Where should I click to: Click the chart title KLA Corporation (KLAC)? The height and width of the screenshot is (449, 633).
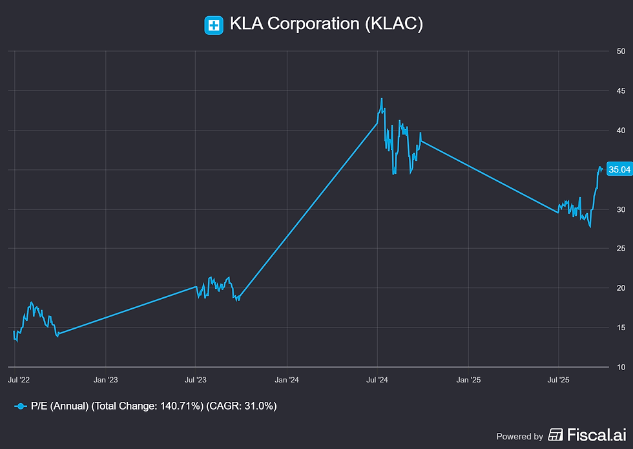point(326,24)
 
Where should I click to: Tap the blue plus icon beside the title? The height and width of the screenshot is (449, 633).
point(214,25)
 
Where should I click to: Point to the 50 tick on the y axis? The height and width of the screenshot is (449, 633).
point(621,51)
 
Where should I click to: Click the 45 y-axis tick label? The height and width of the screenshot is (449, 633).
point(621,91)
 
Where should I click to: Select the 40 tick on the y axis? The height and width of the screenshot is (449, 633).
point(621,131)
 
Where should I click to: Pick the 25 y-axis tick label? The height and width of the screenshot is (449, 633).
point(621,248)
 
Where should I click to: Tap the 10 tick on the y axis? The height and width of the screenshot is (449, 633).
point(621,367)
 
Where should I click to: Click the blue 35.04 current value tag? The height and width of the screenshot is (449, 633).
point(619,169)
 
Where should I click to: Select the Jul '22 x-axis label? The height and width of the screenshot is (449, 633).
point(19,380)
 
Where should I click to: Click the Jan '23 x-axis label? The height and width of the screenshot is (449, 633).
point(106,380)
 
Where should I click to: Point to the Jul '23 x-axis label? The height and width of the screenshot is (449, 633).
point(195,380)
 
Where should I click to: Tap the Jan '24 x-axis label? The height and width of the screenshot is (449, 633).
point(287,380)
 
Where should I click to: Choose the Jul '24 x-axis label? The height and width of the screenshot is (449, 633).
point(377,380)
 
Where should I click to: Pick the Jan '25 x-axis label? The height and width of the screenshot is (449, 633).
point(468,380)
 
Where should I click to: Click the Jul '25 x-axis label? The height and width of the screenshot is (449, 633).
point(558,380)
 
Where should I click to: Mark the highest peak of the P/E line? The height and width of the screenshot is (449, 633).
point(382,98)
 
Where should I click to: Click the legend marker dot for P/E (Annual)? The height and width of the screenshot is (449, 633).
point(21,406)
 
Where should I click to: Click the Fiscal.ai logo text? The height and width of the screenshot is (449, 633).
point(587,435)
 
